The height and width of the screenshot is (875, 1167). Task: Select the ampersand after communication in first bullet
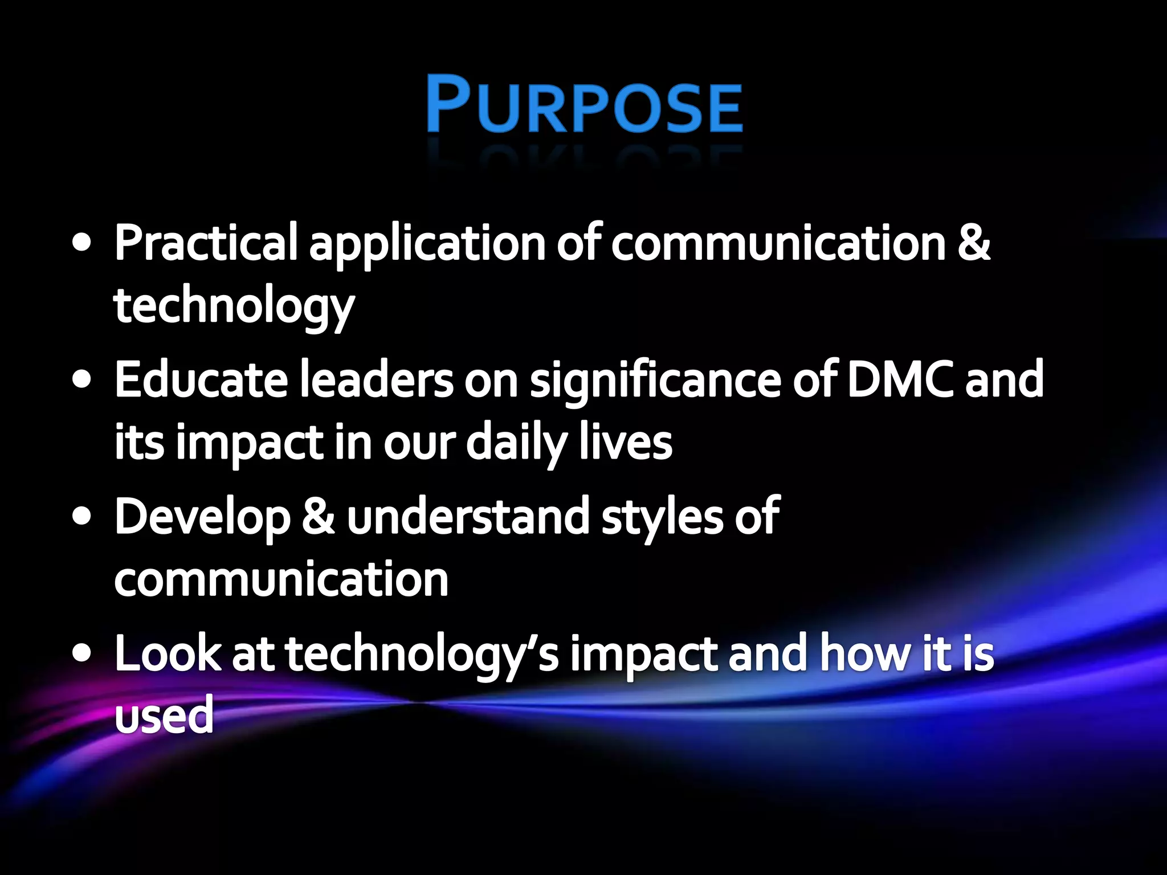(x=973, y=243)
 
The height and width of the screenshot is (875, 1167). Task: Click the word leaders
(x=376, y=380)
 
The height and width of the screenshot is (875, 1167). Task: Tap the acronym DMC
(x=899, y=380)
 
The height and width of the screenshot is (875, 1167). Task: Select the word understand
(x=468, y=517)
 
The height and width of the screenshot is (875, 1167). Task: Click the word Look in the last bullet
(x=168, y=654)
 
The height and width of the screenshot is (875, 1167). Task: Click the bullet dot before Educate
(x=82, y=380)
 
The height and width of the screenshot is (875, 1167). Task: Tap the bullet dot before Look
(x=82, y=653)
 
